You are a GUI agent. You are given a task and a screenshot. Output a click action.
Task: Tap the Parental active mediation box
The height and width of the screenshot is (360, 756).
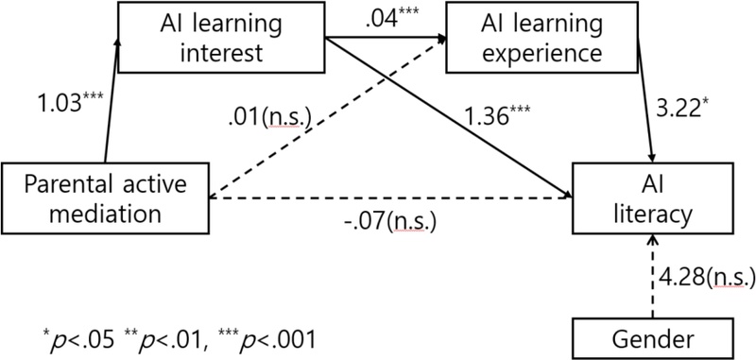[x=104, y=197]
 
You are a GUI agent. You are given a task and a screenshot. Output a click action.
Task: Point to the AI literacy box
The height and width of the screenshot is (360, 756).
[x=651, y=197]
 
